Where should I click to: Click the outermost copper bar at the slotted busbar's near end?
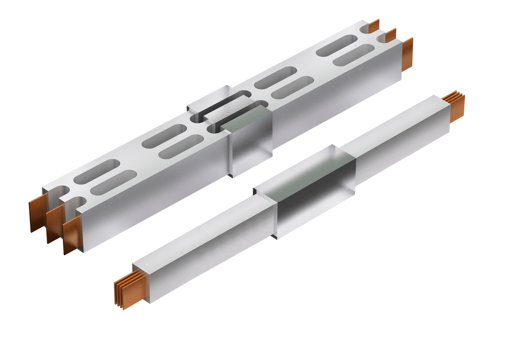click(x=36, y=216)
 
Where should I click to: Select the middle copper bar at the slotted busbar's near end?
click(x=53, y=225)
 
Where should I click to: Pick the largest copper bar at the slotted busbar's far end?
click(x=407, y=54)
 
